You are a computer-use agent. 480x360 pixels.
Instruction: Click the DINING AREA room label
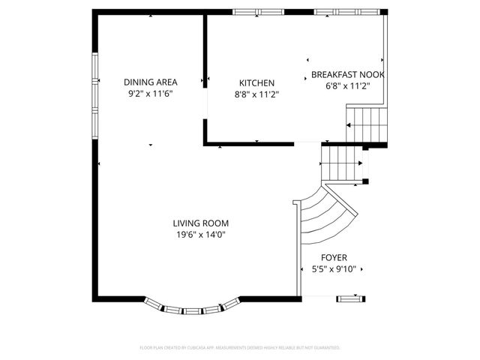click(150, 82)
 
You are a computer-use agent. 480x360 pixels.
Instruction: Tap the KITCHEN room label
click(256, 83)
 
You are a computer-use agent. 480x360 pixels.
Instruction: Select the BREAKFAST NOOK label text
click(347, 75)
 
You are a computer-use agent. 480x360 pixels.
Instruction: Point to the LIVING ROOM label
click(200, 223)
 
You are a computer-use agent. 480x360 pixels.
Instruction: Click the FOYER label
click(334, 257)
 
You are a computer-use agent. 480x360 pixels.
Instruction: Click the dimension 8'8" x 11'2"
click(256, 94)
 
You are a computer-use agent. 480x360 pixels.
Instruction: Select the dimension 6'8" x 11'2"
click(347, 85)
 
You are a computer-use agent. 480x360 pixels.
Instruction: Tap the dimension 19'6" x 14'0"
click(200, 234)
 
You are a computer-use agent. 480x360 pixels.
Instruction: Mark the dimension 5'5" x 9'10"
click(334, 268)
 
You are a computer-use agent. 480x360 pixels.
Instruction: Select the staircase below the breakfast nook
click(367, 124)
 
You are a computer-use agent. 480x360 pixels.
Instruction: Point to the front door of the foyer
click(349, 298)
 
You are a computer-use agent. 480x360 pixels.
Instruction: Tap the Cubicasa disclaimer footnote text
click(240, 348)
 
